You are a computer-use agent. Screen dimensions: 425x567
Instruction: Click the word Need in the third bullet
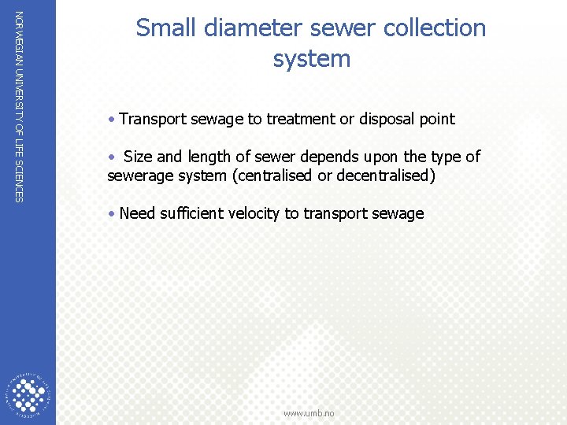[137, 213]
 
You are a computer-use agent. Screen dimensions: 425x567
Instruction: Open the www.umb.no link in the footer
[309, 413]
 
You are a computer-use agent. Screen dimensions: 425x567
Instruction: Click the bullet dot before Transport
[113, 120]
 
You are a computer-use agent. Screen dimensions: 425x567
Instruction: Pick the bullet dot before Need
[113, 214]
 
